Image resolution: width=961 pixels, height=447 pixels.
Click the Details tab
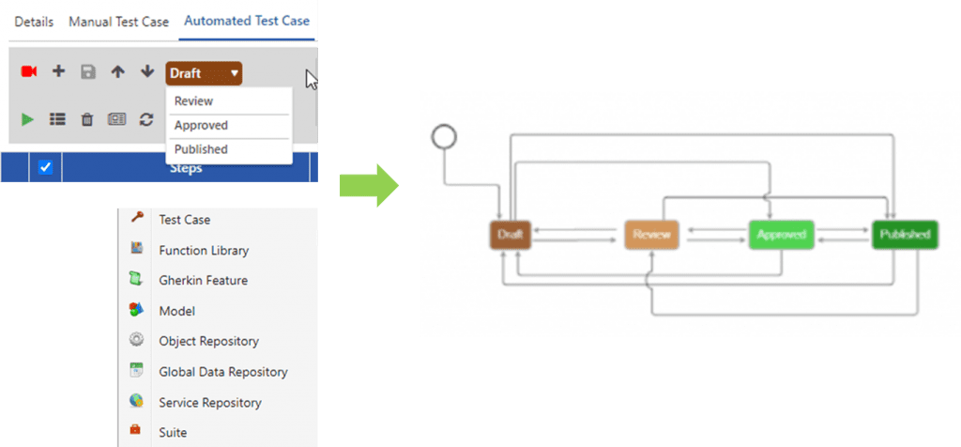[34, 22]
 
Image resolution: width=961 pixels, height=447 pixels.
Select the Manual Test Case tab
[118, 22]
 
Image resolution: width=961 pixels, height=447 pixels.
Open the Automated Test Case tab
[247, 21]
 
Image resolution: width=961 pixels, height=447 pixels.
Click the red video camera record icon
[28, 72]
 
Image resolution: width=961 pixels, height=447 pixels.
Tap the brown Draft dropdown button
[204, 73]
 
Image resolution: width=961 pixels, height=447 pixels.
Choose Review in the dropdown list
[194, 101]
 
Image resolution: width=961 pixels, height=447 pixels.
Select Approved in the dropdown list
[201, 126]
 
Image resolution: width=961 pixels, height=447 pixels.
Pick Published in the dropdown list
[201, 149]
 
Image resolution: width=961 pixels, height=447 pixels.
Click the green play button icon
[28, 119]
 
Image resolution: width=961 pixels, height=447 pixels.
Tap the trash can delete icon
[86, 119]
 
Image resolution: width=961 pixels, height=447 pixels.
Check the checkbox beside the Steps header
[45, 168]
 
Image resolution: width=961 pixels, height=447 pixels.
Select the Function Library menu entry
[204, 251]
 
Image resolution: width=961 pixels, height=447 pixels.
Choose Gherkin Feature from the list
[203, 281]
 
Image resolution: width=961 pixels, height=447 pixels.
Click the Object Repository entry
[208, 341]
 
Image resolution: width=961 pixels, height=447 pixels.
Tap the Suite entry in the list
[173, 433]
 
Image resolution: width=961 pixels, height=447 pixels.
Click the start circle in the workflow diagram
[444, 137]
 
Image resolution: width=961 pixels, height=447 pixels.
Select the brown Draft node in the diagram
[511, 235]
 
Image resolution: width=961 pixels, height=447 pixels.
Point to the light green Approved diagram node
[781, 235]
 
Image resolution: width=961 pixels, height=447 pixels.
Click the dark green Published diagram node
[905, 235]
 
